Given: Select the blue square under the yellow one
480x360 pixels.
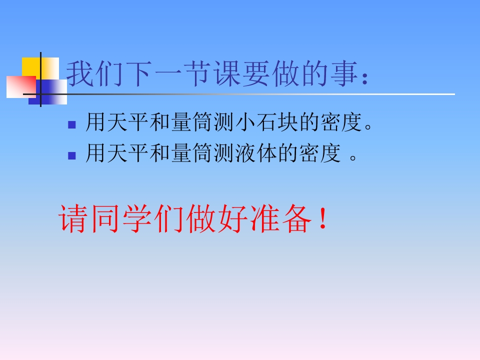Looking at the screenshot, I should [50, 90].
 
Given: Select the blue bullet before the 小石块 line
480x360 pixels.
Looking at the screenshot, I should [71, 124].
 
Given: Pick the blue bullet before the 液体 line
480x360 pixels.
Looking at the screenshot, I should [71, 155].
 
